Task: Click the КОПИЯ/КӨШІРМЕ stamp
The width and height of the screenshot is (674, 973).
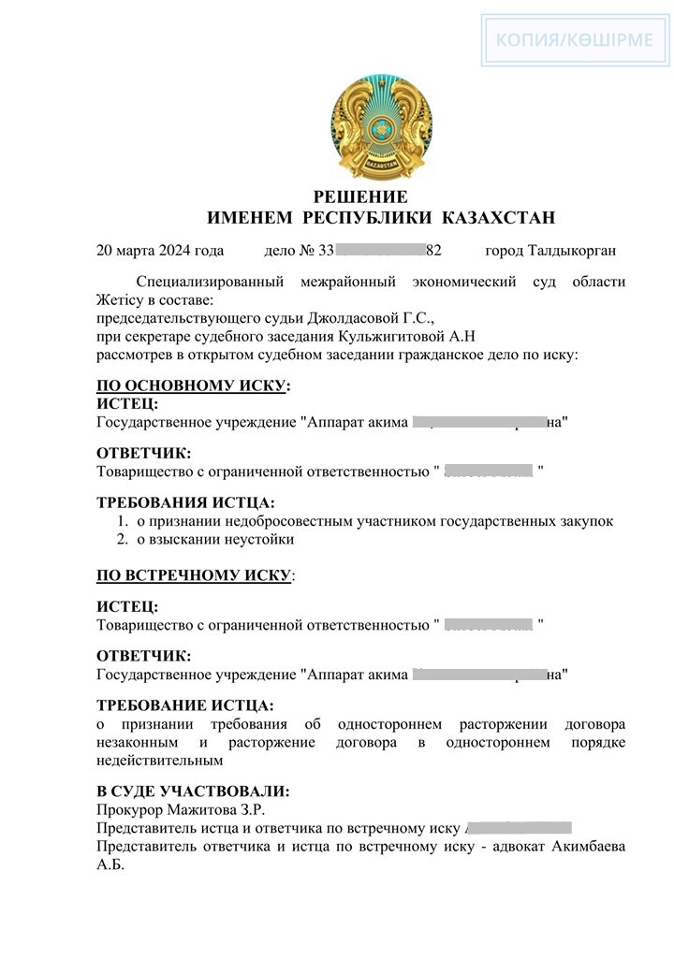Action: pos(578,41)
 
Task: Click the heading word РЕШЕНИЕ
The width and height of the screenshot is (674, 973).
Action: pos(360,197)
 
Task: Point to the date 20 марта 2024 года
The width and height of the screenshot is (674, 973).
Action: pos(160,251)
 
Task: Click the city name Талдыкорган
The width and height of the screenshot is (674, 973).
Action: pos(572,251)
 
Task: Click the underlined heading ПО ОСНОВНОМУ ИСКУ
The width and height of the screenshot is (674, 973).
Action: pos(193,386)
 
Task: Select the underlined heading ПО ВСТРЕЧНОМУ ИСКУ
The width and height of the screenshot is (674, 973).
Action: pos(194,574)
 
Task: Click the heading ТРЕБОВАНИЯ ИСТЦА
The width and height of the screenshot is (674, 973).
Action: pos(185,502)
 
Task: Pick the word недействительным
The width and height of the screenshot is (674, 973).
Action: pos(159,761)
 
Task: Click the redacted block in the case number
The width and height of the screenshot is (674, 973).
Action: pos(379,251)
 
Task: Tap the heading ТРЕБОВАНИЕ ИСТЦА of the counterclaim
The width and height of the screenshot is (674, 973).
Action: pos(185,705)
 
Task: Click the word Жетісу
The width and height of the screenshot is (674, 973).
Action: pos(121,300)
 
